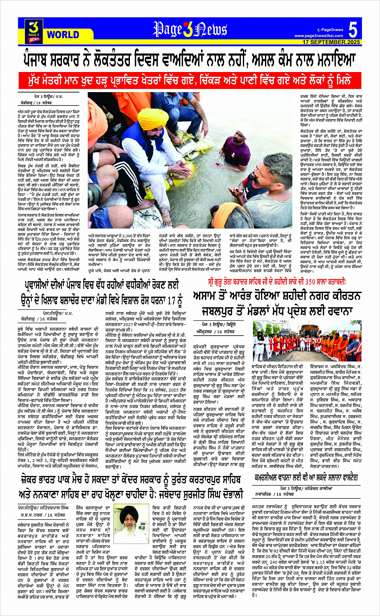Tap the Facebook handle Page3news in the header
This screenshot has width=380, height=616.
point(332,29)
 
